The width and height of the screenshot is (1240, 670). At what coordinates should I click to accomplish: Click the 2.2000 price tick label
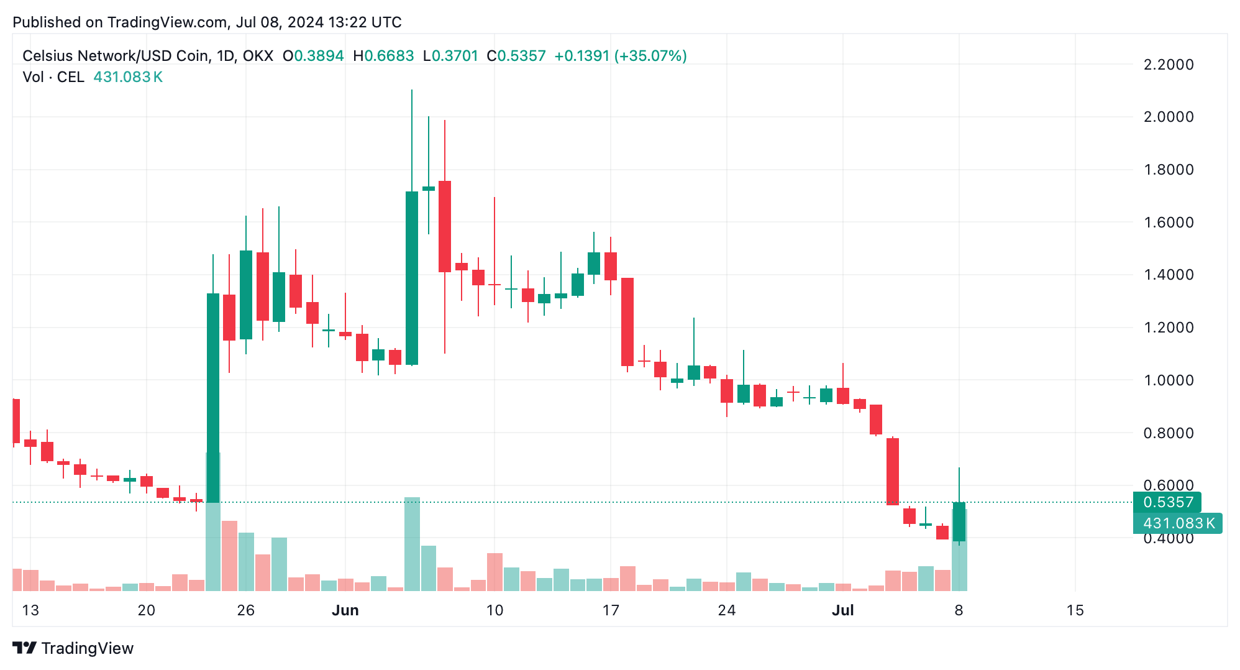1168,65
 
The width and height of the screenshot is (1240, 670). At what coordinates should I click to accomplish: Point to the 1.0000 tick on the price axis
1168,380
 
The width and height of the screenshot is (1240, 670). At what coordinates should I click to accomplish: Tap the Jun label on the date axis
345,610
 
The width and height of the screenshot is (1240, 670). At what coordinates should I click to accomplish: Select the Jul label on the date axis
842,610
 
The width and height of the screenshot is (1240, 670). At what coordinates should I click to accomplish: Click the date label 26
245,610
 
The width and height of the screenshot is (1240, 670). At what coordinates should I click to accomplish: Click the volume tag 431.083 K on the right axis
1178,523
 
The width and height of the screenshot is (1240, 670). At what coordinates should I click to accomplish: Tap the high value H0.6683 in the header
383,56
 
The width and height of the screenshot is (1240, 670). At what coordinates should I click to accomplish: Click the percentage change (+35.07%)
650,56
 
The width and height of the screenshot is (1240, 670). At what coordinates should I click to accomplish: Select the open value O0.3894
313,56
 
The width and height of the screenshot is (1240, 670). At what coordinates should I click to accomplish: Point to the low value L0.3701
450,56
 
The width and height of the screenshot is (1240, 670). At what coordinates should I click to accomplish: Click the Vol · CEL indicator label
53,77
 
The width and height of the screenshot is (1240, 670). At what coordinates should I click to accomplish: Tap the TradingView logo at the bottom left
73,648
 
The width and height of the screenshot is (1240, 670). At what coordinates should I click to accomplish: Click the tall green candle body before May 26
213,398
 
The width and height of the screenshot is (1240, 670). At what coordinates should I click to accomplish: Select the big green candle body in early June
411,278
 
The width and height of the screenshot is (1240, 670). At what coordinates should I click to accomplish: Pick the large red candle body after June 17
627,321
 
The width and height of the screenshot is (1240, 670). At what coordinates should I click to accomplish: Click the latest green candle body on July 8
959,521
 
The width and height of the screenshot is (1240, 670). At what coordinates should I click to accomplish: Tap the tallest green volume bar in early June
411,544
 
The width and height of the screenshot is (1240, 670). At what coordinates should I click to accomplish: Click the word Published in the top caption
47,22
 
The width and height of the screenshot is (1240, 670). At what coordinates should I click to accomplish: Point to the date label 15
1075,610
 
